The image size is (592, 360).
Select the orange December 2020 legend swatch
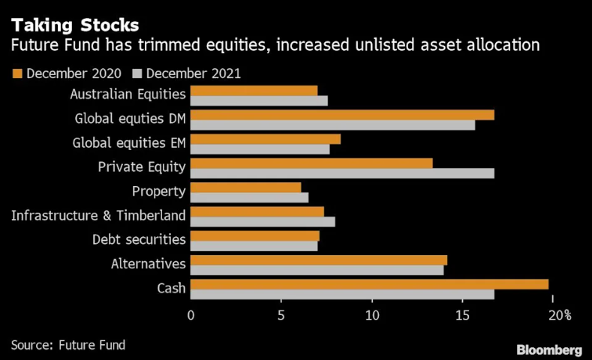(17, 73)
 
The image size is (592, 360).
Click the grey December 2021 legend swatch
(137, 73)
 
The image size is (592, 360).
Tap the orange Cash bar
(369, 283)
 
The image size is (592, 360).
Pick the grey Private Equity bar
(342, 173)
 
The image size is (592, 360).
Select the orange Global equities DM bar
(342, 115)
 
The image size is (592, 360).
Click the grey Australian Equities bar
(259, 100)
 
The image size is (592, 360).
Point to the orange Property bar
(245, 187)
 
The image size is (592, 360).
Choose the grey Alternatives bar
(317, 270)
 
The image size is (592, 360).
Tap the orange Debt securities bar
(254, 235)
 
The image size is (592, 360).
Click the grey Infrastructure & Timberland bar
(263, 221)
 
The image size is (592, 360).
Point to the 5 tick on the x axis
(281, 316)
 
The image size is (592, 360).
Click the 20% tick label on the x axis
(559, 316)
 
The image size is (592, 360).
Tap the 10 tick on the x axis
(372, 316)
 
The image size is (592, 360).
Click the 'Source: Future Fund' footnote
(68, 345)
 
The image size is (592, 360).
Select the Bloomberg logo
(549, 349)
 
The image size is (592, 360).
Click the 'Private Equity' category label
(142, 166)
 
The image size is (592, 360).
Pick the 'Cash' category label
(170, 286)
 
